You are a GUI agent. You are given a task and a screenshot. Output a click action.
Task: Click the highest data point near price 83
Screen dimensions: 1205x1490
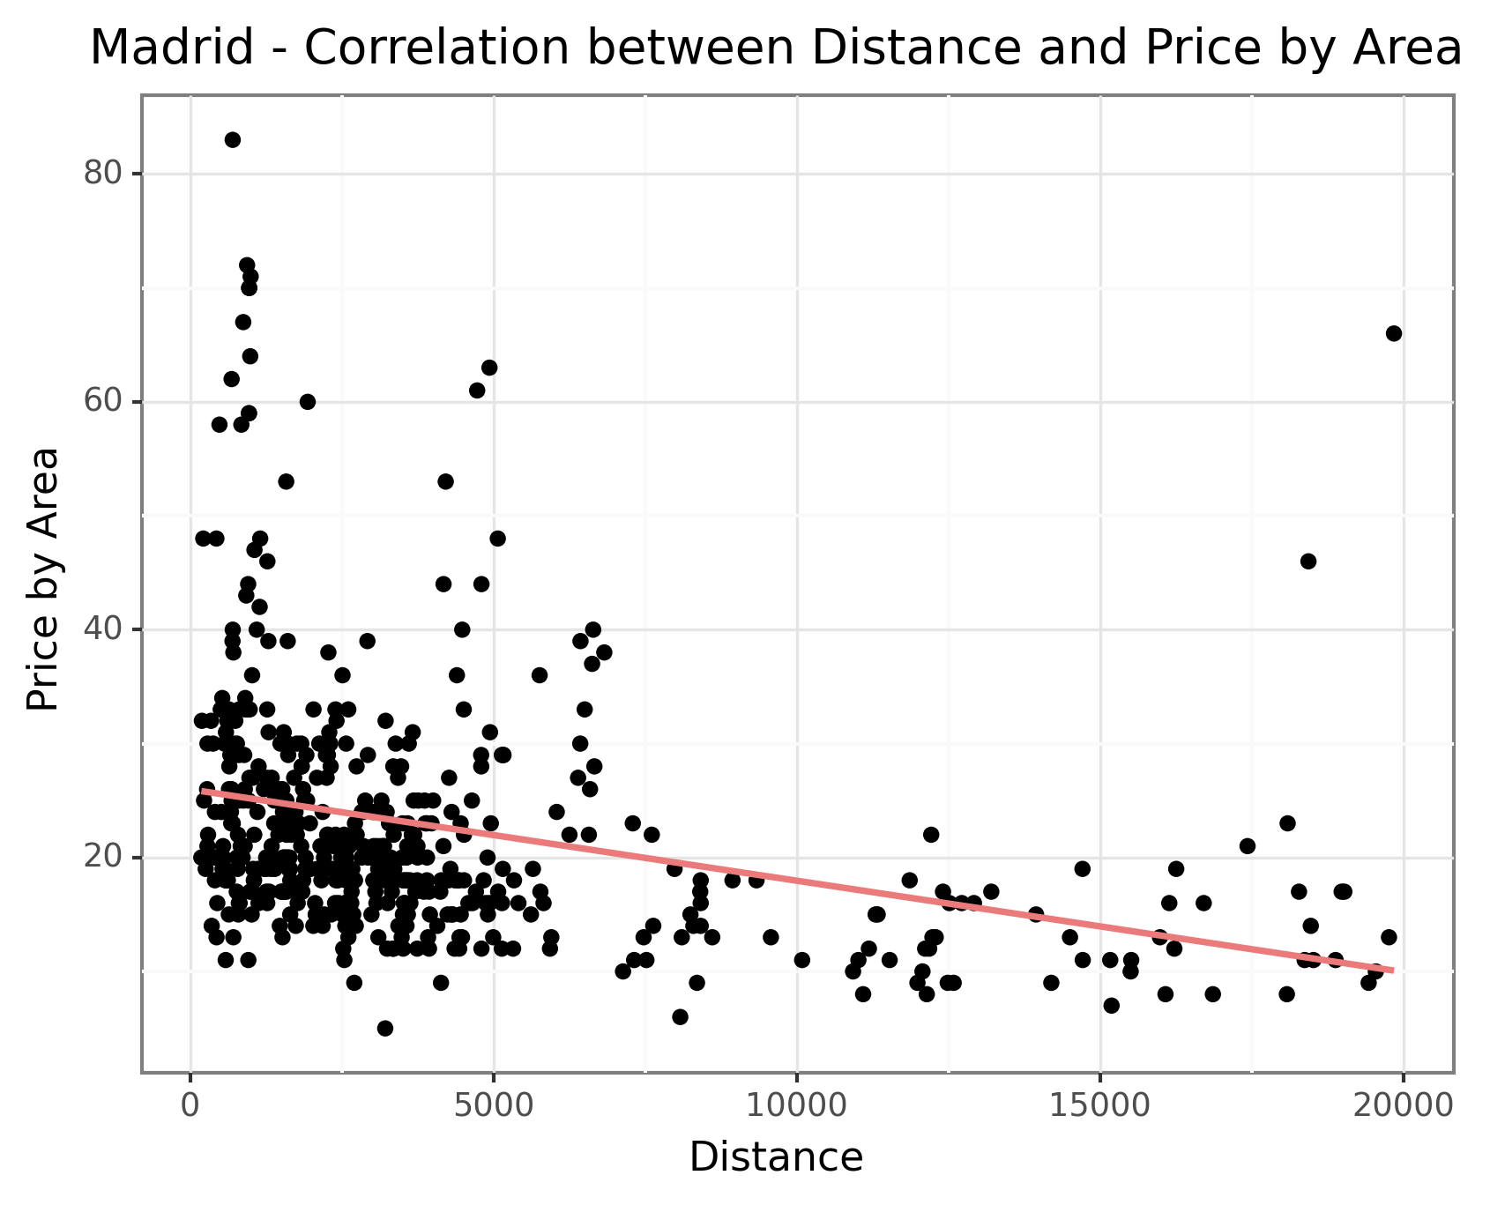tap(233, 139)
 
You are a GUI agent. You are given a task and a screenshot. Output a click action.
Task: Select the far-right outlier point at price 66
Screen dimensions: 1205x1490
tap(1394, 333)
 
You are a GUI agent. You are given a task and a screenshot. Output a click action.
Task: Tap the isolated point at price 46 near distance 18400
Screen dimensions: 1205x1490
tap(1308, 562)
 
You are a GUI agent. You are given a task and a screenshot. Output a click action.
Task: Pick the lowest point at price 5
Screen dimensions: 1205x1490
tap(385, 1028)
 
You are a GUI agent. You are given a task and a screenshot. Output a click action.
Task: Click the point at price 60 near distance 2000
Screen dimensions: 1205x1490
tap(308, 402)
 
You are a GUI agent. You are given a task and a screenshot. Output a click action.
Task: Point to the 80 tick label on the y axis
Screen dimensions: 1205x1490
tap(102, 174)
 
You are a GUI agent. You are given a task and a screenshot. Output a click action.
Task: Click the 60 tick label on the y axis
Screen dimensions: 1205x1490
tap(102, 402)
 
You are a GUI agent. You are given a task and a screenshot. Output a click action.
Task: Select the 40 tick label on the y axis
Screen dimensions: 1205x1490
tap(102, 629)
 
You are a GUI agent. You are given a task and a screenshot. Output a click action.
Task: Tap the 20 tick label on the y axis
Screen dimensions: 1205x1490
tap(102, 858)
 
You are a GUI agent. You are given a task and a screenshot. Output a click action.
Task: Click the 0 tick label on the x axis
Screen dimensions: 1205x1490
tap(190, 1105)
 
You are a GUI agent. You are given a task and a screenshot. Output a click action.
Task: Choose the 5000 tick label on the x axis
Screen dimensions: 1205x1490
tap(494, 1105)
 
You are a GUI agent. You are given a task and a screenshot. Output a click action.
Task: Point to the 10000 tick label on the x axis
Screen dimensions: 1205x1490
tap(797, 1105)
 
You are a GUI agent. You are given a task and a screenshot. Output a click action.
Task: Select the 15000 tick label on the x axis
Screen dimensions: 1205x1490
tap(1100, 1105)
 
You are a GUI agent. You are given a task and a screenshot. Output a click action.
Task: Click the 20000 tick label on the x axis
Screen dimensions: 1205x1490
tap(1404, 1105)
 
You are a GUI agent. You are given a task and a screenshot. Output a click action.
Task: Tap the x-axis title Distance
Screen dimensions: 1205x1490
tap(776, 1157)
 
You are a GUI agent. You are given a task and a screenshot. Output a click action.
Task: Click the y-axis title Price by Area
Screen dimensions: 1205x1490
tap(42, 579)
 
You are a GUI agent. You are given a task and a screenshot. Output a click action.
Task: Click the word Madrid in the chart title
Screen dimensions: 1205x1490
tap(172, 48)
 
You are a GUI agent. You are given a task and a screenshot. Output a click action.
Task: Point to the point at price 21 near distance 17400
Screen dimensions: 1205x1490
tap(1248, 846)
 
